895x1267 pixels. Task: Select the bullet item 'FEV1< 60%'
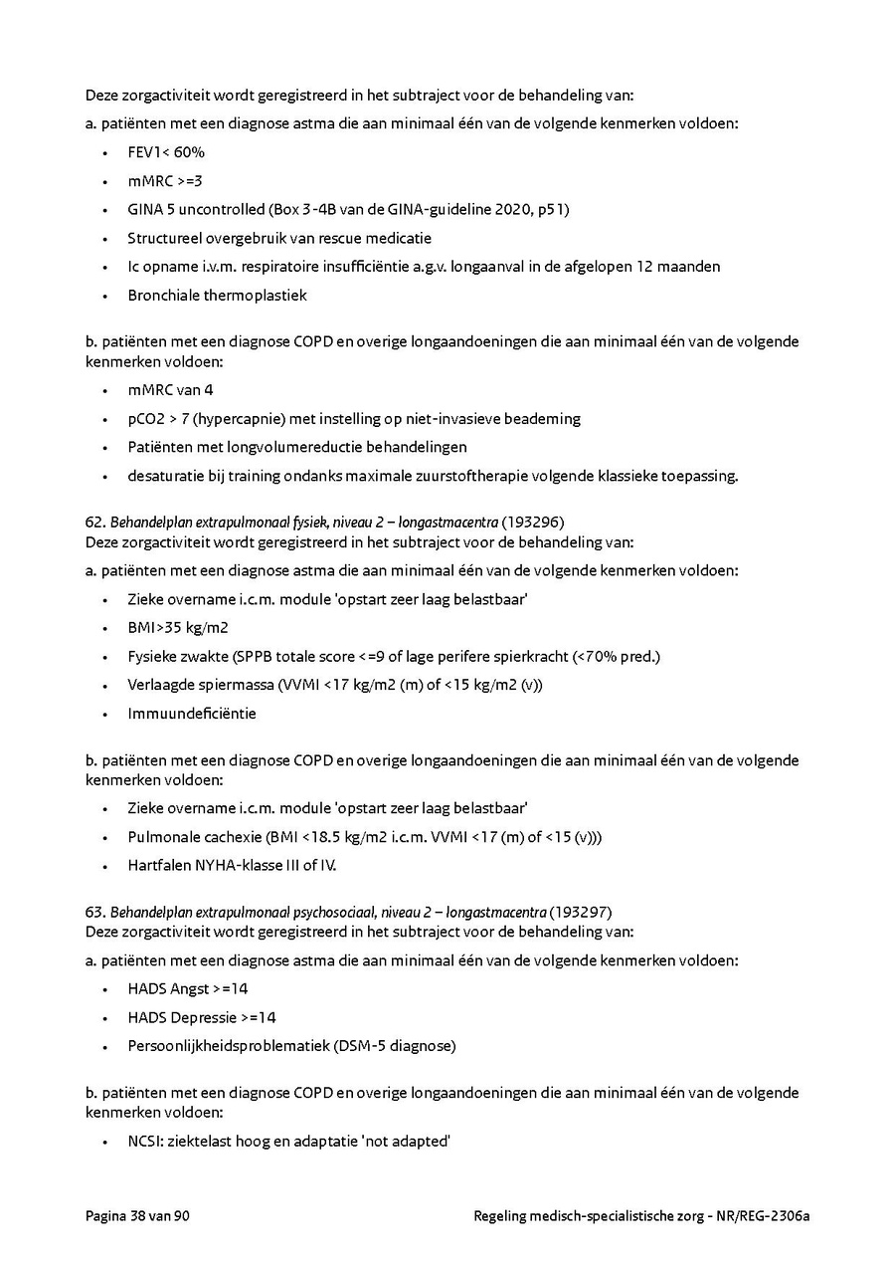point(166,152)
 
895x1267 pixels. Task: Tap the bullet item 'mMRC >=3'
point(165,181)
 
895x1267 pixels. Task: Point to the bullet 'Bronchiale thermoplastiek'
point(217,296)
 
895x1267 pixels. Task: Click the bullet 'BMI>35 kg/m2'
point(178,628)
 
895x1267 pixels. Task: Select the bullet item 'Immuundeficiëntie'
point(191,714)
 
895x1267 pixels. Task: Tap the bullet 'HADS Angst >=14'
point(188,989)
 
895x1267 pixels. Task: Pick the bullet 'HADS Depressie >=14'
point(202,1017)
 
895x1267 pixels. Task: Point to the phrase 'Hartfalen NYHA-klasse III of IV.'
point(232,866)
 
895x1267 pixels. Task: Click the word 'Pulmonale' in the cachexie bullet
point(161,837)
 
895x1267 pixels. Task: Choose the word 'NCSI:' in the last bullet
point(146,1142)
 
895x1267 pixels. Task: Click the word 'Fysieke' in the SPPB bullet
point(153,657)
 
